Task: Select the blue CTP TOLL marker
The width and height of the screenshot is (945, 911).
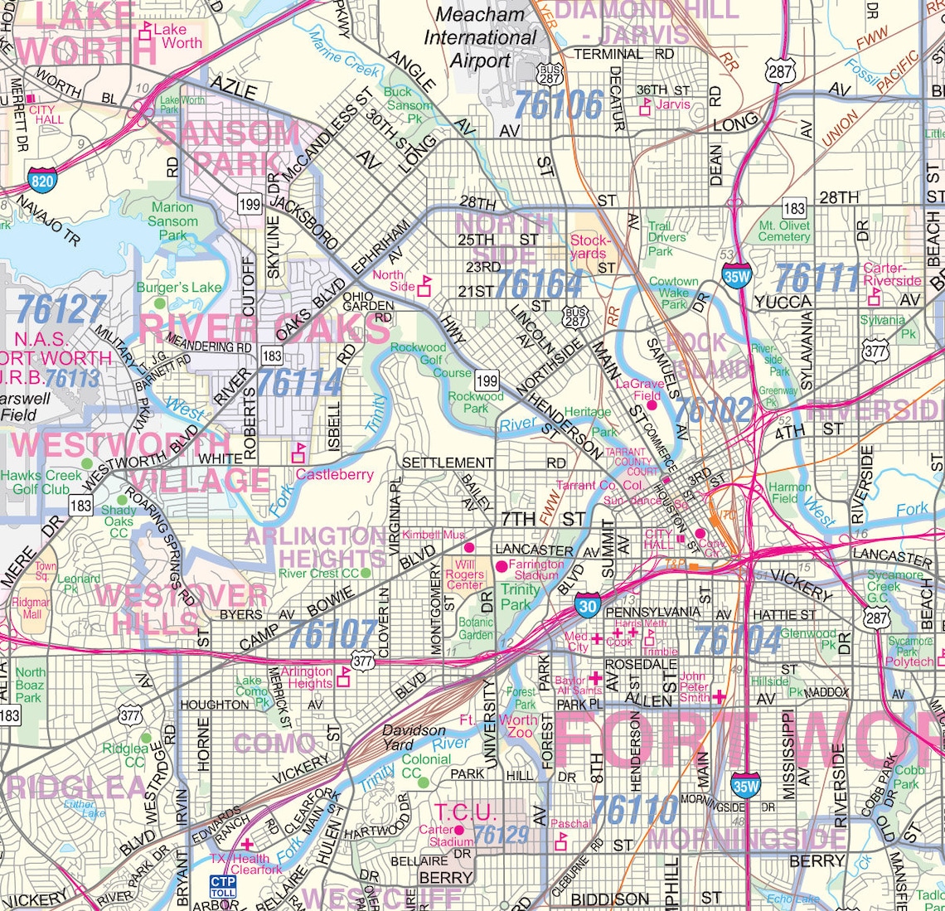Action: [x=222, y=887]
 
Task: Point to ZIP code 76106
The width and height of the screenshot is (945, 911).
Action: [x=559, y=105]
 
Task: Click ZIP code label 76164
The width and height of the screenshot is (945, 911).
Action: [x=538, y=284]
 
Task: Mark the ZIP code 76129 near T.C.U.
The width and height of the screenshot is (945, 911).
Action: [x=501, y=835]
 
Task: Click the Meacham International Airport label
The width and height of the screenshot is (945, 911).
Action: [x=480, y=37]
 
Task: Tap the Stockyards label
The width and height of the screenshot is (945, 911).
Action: [x=589, y=247]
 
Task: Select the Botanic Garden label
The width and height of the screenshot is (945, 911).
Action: [x=476, y=628]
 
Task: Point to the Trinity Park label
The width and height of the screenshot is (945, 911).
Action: [x=520, y=597]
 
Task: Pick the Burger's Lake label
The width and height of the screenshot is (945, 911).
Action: [x=179, y=288]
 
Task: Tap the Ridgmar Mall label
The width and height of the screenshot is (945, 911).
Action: [x=31, y=608]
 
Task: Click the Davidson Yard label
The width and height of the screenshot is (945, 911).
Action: [x=414, y=737]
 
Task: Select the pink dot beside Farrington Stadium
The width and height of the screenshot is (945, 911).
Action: [x=501, y=565]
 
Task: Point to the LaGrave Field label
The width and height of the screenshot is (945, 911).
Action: [x=640, y=390]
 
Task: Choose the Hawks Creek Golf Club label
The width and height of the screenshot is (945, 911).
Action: [x=41, y=482]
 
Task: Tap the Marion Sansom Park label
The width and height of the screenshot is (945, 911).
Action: [x=173, y=221]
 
